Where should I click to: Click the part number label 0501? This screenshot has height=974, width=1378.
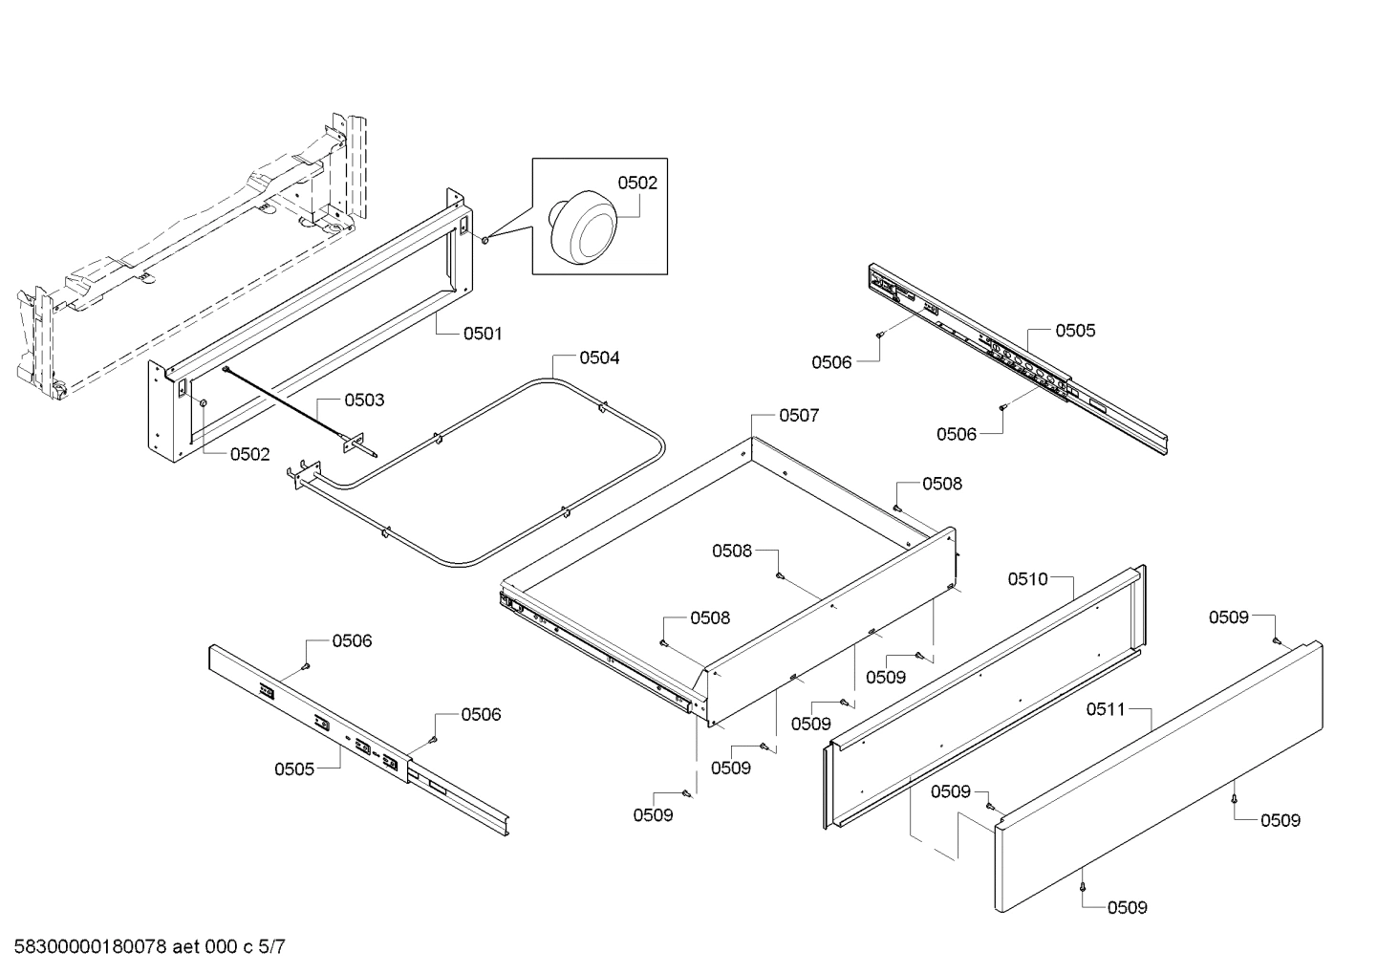(x=483, y=334)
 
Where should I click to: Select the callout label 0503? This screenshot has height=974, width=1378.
(x=364, y=400)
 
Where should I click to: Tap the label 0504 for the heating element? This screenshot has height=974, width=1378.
(x=599, y=357)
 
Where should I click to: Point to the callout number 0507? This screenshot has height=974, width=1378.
(x=799, y=416)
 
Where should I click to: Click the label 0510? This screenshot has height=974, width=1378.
(x=1028, y=578)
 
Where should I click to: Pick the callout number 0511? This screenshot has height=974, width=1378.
(x=1106, y=709)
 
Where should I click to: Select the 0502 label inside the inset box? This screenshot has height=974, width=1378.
(x=637, y=183)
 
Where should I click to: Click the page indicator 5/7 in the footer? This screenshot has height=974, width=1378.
(x=272, y=948)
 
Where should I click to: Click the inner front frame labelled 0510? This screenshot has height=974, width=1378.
(x=984, y=698)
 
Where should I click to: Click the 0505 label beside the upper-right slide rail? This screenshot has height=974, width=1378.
(x=1075, y=331)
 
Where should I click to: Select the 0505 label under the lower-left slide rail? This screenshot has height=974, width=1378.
(x=294, y=768)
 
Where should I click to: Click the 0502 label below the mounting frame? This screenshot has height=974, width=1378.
(x=249, y=454)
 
